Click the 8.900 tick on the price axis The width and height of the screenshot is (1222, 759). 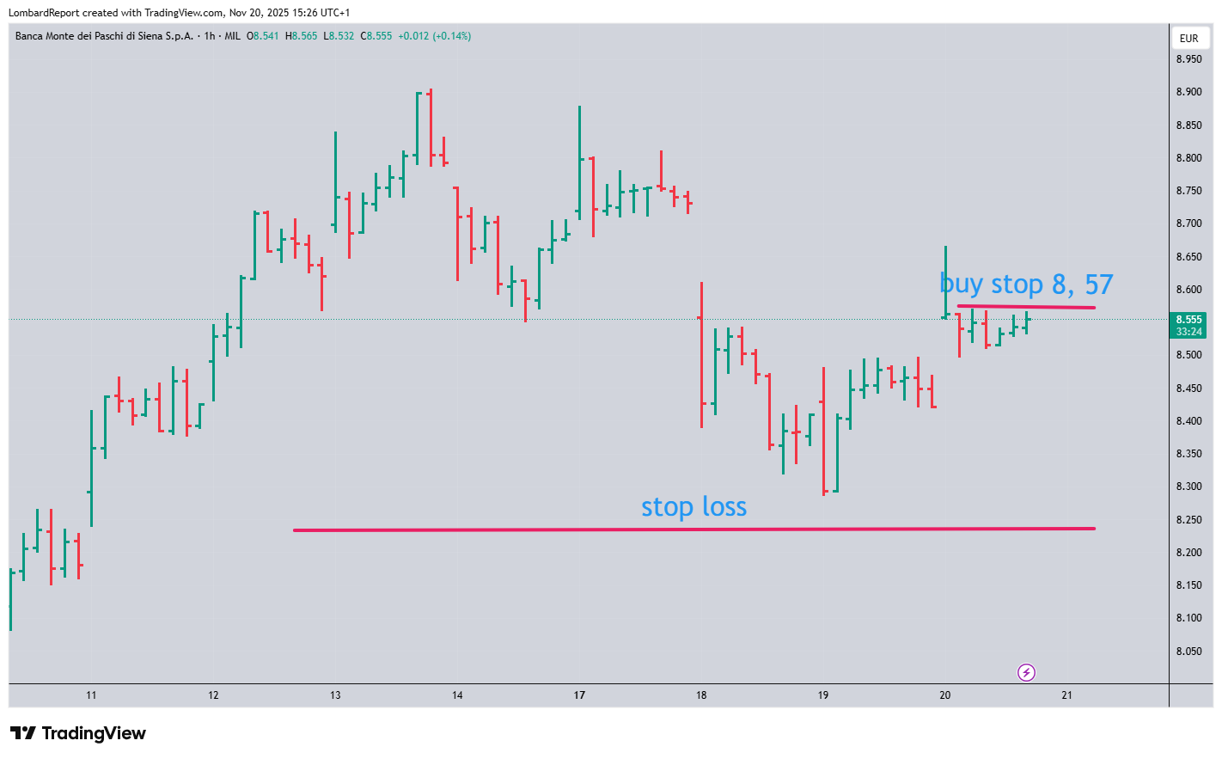[x=1188, y=92]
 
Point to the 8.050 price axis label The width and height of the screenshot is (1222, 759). [x=1188, y=652]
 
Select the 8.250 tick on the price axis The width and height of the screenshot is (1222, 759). [x=1188, y=520]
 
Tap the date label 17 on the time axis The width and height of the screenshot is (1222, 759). [x=579, y=695]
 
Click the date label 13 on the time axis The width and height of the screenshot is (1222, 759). [x=335, y=695]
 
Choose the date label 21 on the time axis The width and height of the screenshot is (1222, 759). [x=1066, y=695]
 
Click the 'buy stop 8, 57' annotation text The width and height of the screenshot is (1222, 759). [x=1026, y=284]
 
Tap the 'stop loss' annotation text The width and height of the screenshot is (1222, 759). [x=693, y=507]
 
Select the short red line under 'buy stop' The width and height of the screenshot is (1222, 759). [x=1026, y=307]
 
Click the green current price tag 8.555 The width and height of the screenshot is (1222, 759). [x=1188, y=325]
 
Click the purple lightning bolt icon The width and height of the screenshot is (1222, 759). [x=1026, y=672]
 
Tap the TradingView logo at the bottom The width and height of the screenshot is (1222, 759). [x=78, y=733]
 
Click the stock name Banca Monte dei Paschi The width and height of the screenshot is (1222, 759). [x=104, y=36]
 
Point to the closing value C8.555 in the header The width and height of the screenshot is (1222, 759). [x=376, y=36]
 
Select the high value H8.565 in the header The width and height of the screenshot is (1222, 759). [x=302, y=36]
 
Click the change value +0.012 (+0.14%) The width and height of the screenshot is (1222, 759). [x=434, y=36]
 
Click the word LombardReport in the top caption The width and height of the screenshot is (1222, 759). [x=42, y=13]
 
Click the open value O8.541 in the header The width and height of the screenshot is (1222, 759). [x=263, y=36]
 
